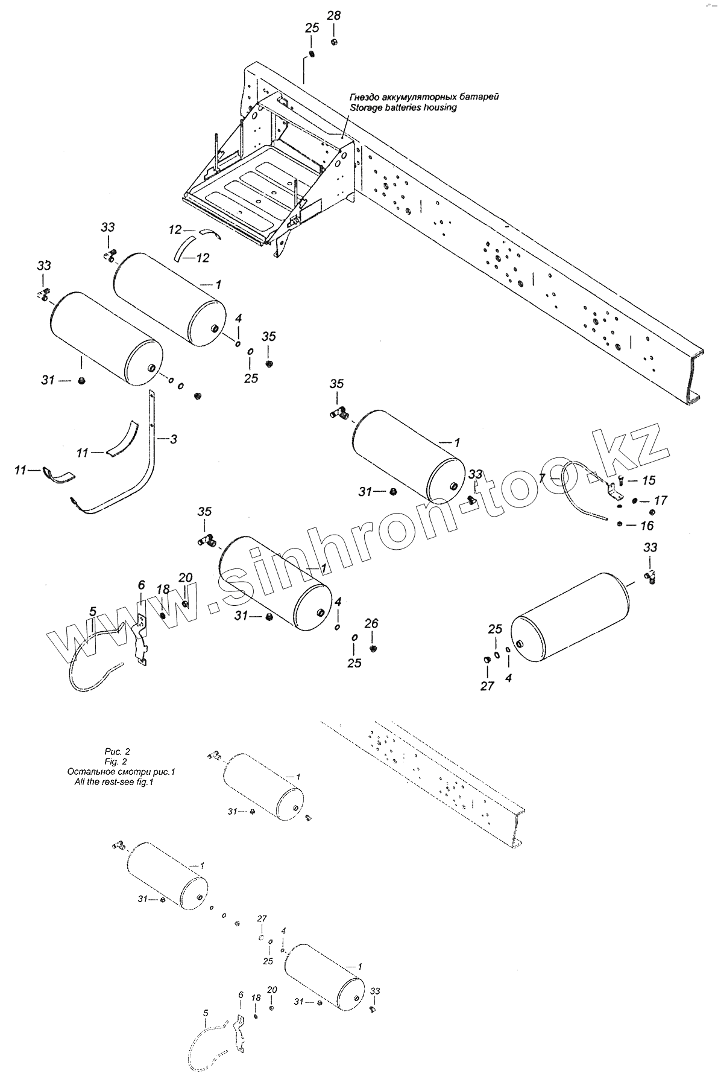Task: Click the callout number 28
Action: (333, 16)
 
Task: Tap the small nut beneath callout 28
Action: (334, 41)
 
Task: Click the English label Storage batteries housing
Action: (403, 107)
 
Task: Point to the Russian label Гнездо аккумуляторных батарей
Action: (424, 97)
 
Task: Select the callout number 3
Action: (173, 439)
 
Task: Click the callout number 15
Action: (649, 480)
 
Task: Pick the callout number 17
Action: (660, 501)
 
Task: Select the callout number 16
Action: (646, 526)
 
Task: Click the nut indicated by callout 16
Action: (620, 523)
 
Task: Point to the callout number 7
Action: (542, 477)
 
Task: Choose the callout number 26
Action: (371, 624)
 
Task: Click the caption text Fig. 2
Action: (117, 762)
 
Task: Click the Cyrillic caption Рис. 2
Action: (117, 751)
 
